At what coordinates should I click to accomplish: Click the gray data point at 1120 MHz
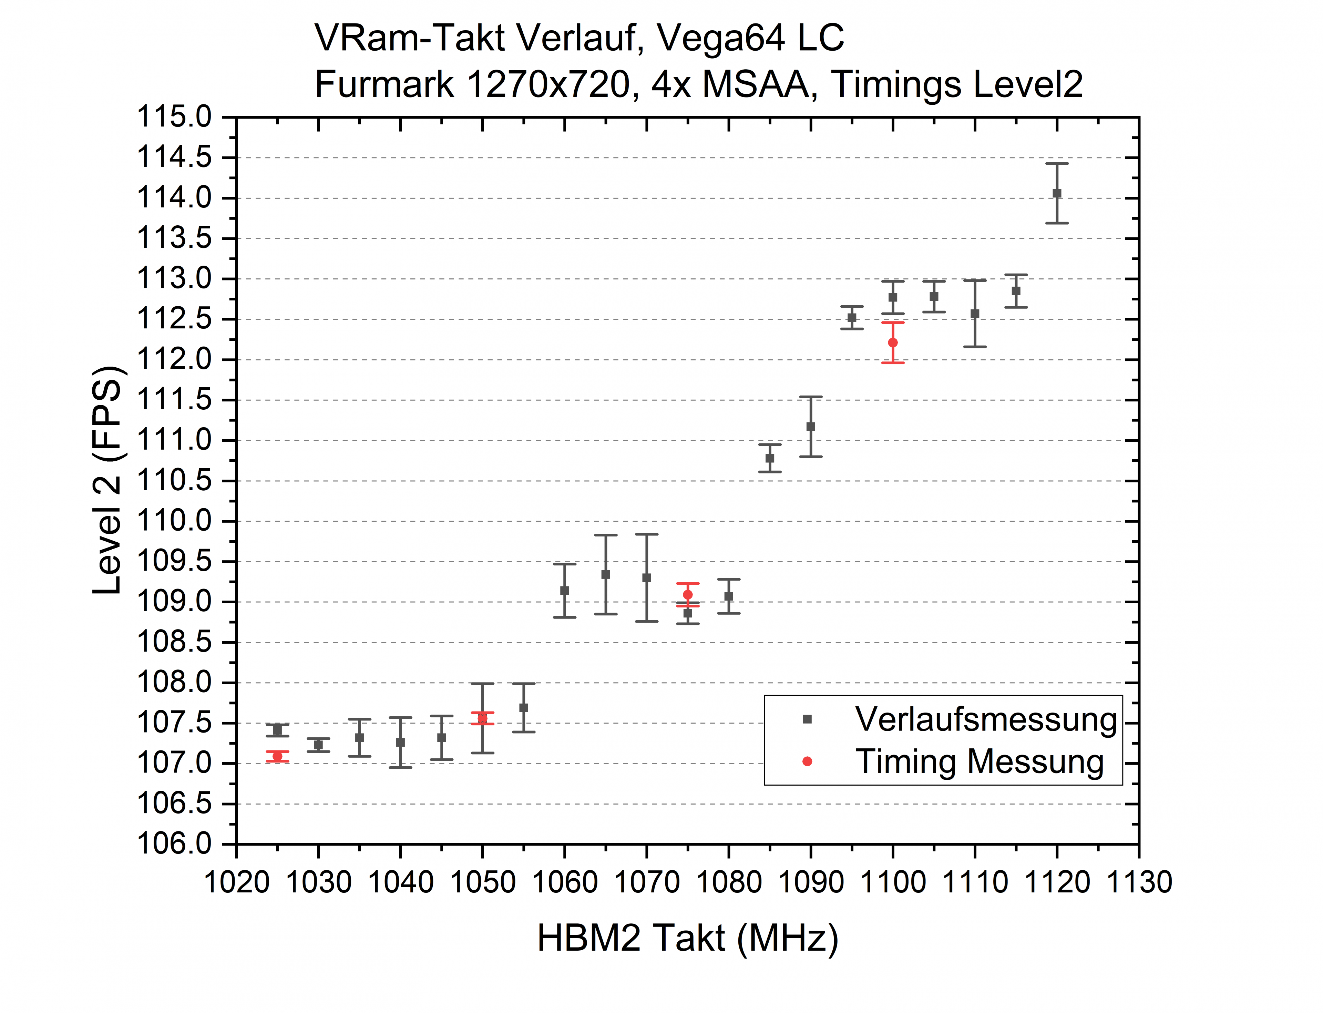click(x=1056, y=193)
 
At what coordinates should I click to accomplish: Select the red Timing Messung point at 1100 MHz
click(x=892, y=342)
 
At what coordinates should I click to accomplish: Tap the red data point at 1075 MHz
click(x=687, y=595)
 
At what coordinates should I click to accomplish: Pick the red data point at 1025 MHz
click(x=277, y=756)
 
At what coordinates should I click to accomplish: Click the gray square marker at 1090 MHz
click(x=810, y=426)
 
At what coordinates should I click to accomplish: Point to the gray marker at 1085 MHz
click(x=769, y=458)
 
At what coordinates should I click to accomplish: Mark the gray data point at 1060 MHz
click(x=564, y=590)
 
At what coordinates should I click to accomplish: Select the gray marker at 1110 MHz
click(x=974, y=314)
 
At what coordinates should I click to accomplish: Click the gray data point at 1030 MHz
click(x=318, y=745)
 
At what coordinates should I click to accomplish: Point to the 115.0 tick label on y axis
click(x=175, y=117)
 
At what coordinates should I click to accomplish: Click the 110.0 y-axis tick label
click(x=175, y=521)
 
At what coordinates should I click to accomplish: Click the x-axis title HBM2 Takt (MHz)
click(x=687, y=938)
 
